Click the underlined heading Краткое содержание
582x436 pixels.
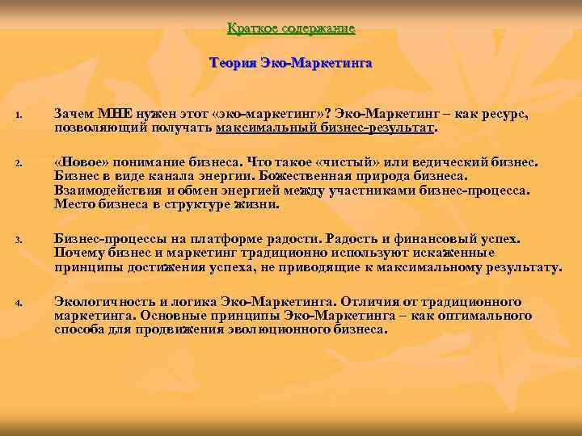tap(291, 29)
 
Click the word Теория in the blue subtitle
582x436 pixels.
tap(233, 62)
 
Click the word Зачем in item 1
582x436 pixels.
tap(74, 116)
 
